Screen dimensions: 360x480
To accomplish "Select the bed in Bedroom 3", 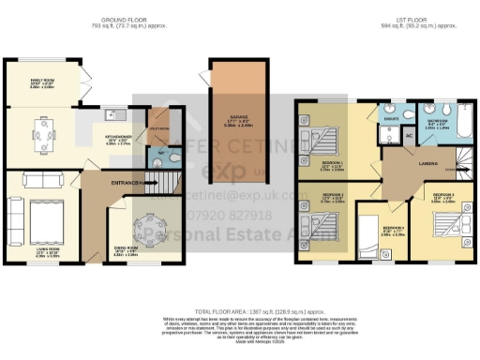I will (x=438, y=227).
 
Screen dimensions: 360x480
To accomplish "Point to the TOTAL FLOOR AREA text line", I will (x=239, y=309).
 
